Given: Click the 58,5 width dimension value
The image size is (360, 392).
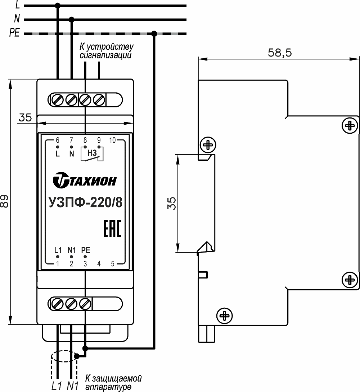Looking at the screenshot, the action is [x=280, y=53].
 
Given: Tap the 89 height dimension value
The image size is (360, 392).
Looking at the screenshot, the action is [x=5, y=201].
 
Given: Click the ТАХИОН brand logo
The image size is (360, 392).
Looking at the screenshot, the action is [x=85, y=180].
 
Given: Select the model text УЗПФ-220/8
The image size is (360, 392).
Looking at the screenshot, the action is [x=85, y=202].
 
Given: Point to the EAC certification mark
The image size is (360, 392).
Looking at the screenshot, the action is [x=112, y=228].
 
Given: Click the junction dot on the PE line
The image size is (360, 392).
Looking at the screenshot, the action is [x=154, y=34].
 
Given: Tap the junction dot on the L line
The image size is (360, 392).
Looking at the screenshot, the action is [x=58, y=5].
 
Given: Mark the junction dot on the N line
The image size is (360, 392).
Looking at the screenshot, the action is [x=71, y=19].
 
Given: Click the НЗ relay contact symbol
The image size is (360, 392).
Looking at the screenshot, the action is [x=92, y=153].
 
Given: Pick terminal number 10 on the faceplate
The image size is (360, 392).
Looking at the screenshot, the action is [x=112, y=140].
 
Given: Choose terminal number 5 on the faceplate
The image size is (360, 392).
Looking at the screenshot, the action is [x=113, y=263].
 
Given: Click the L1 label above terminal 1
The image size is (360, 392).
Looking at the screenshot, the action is [x=58, y=250].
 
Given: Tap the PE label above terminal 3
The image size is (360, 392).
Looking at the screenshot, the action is [x=85, y=250].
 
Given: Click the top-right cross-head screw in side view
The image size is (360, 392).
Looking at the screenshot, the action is [x=350, y=125].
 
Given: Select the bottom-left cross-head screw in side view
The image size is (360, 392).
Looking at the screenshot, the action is [x=224, y=316].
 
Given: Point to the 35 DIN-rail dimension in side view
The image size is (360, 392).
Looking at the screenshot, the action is [x=172, y=203].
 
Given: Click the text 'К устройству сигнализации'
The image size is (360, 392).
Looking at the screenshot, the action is [x=107, y=51].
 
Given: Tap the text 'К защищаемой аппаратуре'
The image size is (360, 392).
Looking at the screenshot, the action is [x=113, y=382].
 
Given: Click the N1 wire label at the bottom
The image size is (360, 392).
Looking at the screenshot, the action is [x=73, y=386].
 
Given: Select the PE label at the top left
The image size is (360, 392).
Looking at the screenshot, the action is [x=14, y=33].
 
